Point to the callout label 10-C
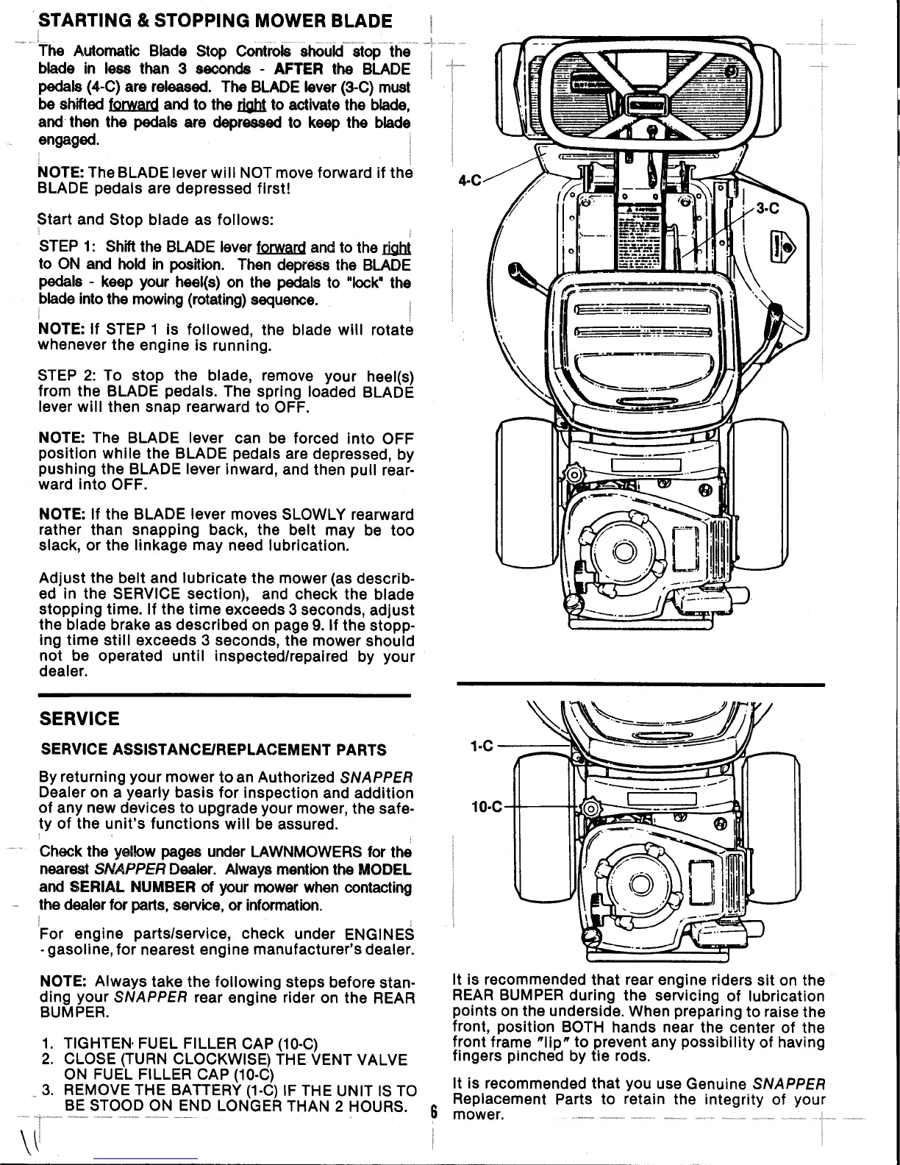tap(486, 807)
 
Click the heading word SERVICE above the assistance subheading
tap(79, 719)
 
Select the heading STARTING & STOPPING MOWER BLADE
tap(215, 20)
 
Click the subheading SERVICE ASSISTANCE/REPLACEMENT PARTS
tap(213, 750)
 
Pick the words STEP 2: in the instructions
tap(65, 377)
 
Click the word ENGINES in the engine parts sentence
tap(380, 934)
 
